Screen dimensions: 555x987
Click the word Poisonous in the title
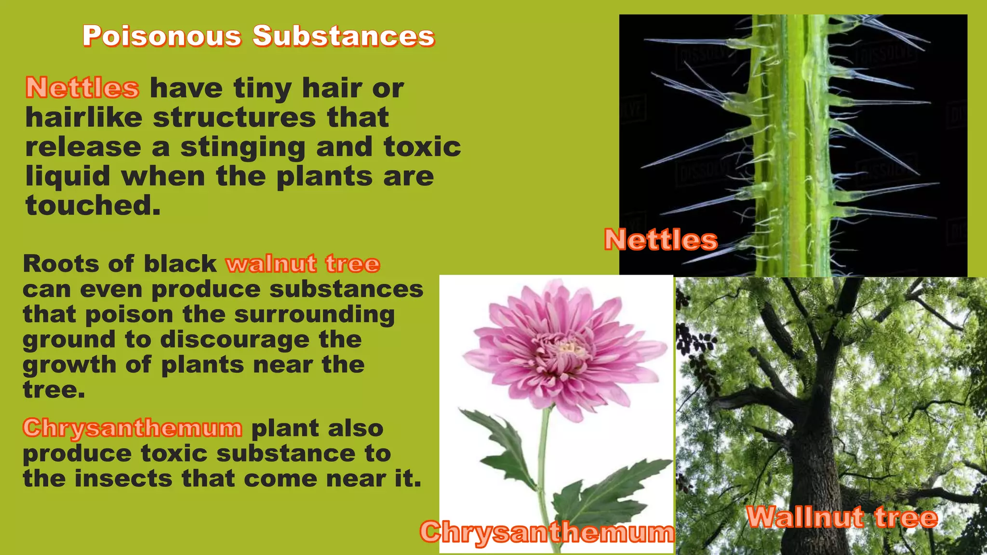(162, 36)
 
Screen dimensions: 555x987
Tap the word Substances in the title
(344, 36)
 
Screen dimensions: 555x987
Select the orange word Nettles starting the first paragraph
(82, 88)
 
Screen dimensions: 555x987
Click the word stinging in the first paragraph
(242, 147)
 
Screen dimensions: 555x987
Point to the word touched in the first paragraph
(93, 206)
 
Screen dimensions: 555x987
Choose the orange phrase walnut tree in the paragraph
(303, 264)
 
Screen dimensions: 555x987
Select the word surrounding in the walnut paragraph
(314, 315)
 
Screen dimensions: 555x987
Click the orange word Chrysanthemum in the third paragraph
(133, 428)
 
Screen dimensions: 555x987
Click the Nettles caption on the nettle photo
(661, 240)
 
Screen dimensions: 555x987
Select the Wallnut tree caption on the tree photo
(842, 518)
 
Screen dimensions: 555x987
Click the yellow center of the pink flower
(569, 348)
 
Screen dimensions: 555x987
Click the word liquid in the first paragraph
(68, 177)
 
